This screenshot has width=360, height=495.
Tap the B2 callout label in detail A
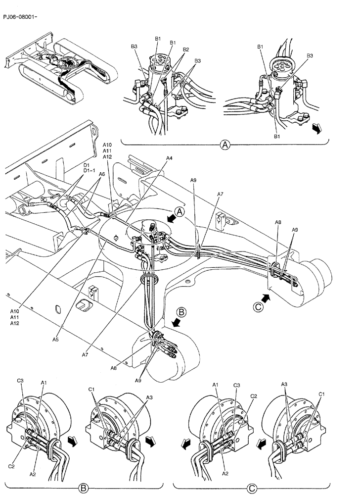pos(186,49)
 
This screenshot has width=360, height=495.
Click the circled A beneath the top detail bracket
pos(225,145)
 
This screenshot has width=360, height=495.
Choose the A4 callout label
pos(169,158)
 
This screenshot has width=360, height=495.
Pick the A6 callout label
pos(102,174)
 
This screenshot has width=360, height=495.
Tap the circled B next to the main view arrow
pos(181,312)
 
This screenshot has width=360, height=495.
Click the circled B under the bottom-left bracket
pos(84,488)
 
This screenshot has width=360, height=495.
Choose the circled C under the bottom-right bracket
pos(253,488)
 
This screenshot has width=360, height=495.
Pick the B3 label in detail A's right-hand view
pos(310,56)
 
